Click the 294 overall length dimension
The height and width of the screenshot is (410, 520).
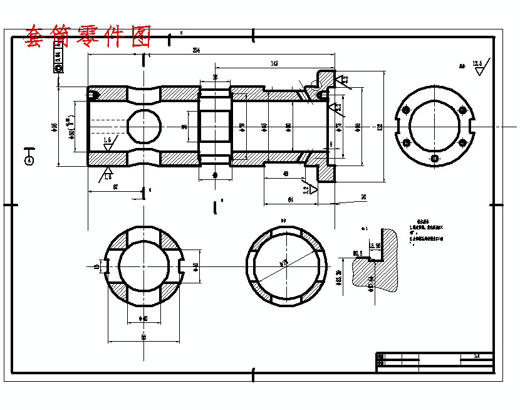point(196,50)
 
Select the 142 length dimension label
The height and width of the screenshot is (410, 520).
point(274,63)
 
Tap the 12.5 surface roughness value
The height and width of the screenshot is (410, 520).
point(477,63)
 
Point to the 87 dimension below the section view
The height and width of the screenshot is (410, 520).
point(116,187)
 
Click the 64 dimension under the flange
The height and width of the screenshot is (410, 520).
point(290,199)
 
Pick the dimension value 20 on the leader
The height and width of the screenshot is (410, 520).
point(363,197)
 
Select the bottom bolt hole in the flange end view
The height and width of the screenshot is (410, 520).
point(435,158)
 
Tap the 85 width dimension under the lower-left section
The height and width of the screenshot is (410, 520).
point(143,337)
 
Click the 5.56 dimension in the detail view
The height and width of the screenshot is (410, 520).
point(375,246)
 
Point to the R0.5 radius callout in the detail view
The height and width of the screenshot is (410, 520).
point(358,254)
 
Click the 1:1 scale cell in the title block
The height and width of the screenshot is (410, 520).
point(477,356)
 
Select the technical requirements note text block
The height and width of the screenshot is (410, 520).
point(426,232)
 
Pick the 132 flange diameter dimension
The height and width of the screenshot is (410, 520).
point(380,127)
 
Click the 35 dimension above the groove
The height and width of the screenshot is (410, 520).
point(216,77)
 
